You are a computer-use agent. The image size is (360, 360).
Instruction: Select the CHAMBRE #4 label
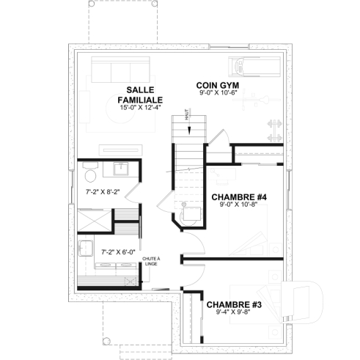pyautogui.click(x=238, y=197)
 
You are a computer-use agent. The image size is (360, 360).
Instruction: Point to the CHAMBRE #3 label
pyautogui.click(x=234, y=304)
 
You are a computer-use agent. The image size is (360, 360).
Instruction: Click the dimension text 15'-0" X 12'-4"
pyautogui.click(x=140, y=108)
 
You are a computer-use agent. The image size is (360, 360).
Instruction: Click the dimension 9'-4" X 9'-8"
pyautogui.click(x=234, y=313)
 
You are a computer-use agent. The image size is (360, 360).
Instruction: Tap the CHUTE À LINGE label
pyautogui.click(x=151, y=262)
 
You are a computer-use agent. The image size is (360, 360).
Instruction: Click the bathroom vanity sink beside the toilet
pyautogui.click(x=118, y=170)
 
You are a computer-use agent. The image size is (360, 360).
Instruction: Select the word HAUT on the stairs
pyautogui.click(x=188, y=116)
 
